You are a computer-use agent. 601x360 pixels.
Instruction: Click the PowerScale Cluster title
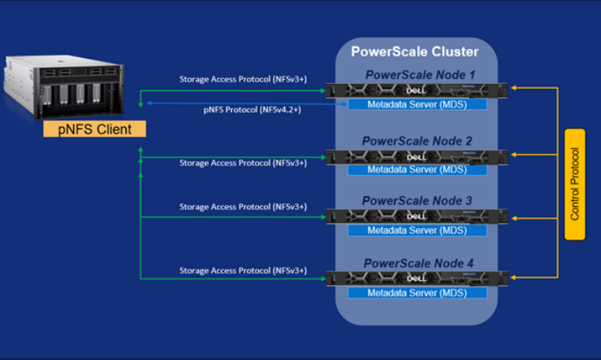click(415, 52)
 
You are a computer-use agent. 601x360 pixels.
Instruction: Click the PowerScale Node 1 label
click(417, 75)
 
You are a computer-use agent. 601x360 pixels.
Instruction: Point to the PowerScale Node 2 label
click(417, 140)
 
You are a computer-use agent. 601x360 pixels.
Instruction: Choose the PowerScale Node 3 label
click(417, 200)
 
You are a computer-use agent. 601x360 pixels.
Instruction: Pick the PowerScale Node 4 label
click(417, 263)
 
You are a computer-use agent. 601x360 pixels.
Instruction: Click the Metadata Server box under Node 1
click(417, 105)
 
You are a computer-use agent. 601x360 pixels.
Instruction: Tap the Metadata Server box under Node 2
click(417, 169)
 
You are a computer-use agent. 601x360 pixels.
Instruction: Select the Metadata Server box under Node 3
click(417, 230)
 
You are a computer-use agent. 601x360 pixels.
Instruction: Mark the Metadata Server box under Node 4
click(417, 292)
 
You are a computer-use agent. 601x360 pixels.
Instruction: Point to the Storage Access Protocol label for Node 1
click(243, 79)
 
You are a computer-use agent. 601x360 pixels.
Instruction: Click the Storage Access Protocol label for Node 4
click(243, 270)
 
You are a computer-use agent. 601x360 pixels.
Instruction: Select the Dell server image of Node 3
click(417, 216)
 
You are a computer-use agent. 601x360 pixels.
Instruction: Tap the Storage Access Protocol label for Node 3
click(243, 207)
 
